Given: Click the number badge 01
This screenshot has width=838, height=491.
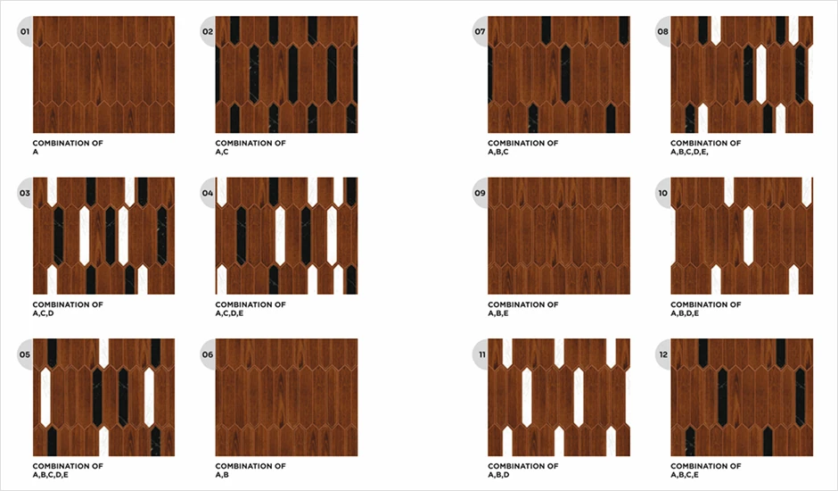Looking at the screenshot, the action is point(25,31).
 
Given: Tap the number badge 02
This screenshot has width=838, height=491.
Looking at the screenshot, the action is point(208,31).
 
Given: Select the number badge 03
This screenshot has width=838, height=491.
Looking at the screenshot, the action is point(25,193).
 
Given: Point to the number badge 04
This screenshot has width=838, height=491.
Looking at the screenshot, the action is point(208,193).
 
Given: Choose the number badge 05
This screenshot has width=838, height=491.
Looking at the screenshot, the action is point(25,354).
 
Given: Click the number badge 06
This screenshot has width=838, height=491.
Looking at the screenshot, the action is point(208,354).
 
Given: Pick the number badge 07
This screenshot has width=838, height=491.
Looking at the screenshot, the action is point(480,31).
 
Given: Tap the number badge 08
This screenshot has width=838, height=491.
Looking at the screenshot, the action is point(662,31).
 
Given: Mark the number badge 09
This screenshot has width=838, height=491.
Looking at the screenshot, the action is point(480,193).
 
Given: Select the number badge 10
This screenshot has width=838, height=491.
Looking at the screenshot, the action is point(662,193).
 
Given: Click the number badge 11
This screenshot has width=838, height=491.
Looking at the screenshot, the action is point(482,354).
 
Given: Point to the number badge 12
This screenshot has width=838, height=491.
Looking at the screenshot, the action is point(662,354).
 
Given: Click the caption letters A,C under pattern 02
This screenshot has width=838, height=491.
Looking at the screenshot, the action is point(222,152).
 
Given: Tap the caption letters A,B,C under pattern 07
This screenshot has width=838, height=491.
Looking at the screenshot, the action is point(498,152).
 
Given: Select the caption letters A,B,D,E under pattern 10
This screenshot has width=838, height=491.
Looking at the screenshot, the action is point(685,313).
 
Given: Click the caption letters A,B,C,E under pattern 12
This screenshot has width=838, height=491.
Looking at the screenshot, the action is point(685,475).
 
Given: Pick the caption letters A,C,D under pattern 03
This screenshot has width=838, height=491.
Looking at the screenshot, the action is point(44,313).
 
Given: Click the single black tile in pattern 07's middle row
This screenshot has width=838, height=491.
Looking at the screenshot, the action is point(565,74).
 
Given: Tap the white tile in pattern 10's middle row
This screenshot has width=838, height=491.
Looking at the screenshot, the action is point(748,236).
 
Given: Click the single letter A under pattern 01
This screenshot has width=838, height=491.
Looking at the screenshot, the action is point(36,152).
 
